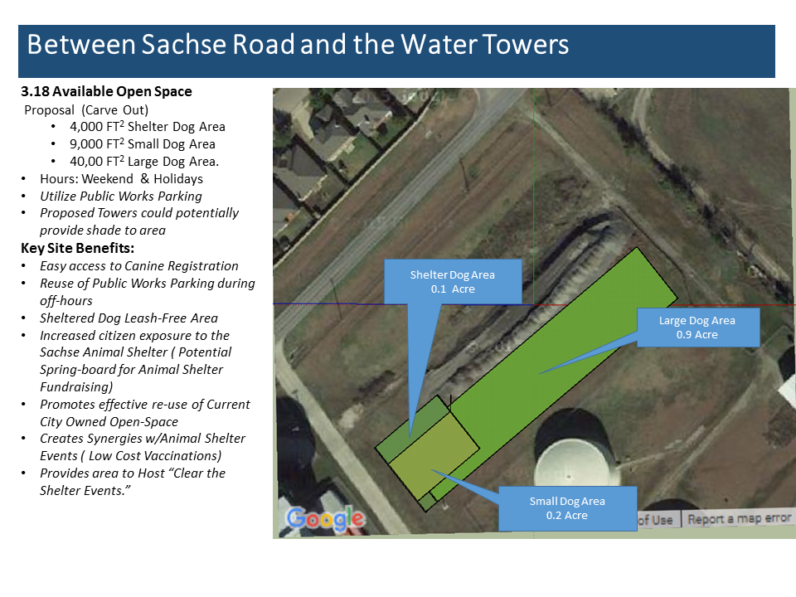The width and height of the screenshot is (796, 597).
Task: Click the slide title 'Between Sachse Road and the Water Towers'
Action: point(298,44)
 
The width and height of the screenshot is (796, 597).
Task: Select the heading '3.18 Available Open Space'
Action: point(107,91)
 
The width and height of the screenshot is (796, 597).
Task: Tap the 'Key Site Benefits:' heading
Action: point(78,248)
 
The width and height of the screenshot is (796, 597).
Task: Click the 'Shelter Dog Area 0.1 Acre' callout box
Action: point(453,282)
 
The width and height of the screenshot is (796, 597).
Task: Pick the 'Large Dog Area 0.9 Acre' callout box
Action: point(698,328)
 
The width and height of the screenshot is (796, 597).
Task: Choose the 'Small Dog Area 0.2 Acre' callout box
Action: point(567,508)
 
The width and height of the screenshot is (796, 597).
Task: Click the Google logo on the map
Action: point(325,519)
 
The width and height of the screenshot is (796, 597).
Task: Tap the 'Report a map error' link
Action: point(739,519)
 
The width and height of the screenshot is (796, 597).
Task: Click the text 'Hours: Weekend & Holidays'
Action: point(121,179)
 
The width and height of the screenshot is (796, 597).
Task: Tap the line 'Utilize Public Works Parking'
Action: point(121,197)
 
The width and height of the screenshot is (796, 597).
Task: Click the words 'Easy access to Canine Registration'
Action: point(139,266)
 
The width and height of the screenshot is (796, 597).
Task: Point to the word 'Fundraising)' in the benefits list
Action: point(76,387)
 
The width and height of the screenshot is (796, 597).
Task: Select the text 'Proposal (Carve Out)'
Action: point(86,110)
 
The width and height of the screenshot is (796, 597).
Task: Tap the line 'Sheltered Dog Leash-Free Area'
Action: point(129,318)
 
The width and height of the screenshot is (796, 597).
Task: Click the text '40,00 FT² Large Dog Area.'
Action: point(144,162)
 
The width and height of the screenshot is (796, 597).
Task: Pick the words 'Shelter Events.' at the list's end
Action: point(85,491)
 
